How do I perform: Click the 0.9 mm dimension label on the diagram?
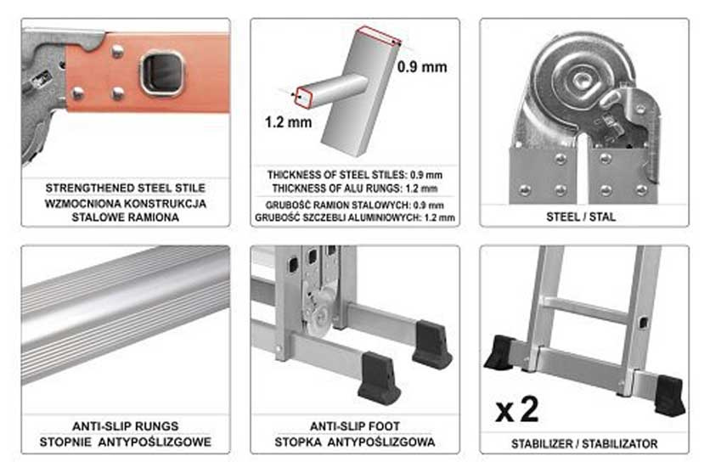click(x=422, y=67)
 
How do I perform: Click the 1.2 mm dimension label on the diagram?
click(x=289, y=121)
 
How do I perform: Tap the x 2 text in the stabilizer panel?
click(x=517, y=409)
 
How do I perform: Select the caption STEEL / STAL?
click(x=581, y=217)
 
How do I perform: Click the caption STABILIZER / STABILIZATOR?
click(x=584, y=443)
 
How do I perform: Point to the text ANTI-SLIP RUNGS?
click(x=126, y=426)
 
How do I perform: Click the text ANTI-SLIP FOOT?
click(x=354, y=426)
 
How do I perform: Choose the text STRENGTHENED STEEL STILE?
click(x=126, y=188)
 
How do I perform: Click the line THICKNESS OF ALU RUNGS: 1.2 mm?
click(x=354, y=189)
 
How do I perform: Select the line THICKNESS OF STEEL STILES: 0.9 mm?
click(x=354, y=175)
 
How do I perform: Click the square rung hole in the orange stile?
click(x=162, y=73)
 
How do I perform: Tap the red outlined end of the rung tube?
click(x=303, y=98)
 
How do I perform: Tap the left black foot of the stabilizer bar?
click(x=500, y=352)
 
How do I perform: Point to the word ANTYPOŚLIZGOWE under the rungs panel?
click(x=155, y=442)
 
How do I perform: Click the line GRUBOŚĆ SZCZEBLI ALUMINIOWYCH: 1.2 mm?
click(x=354, y=217)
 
